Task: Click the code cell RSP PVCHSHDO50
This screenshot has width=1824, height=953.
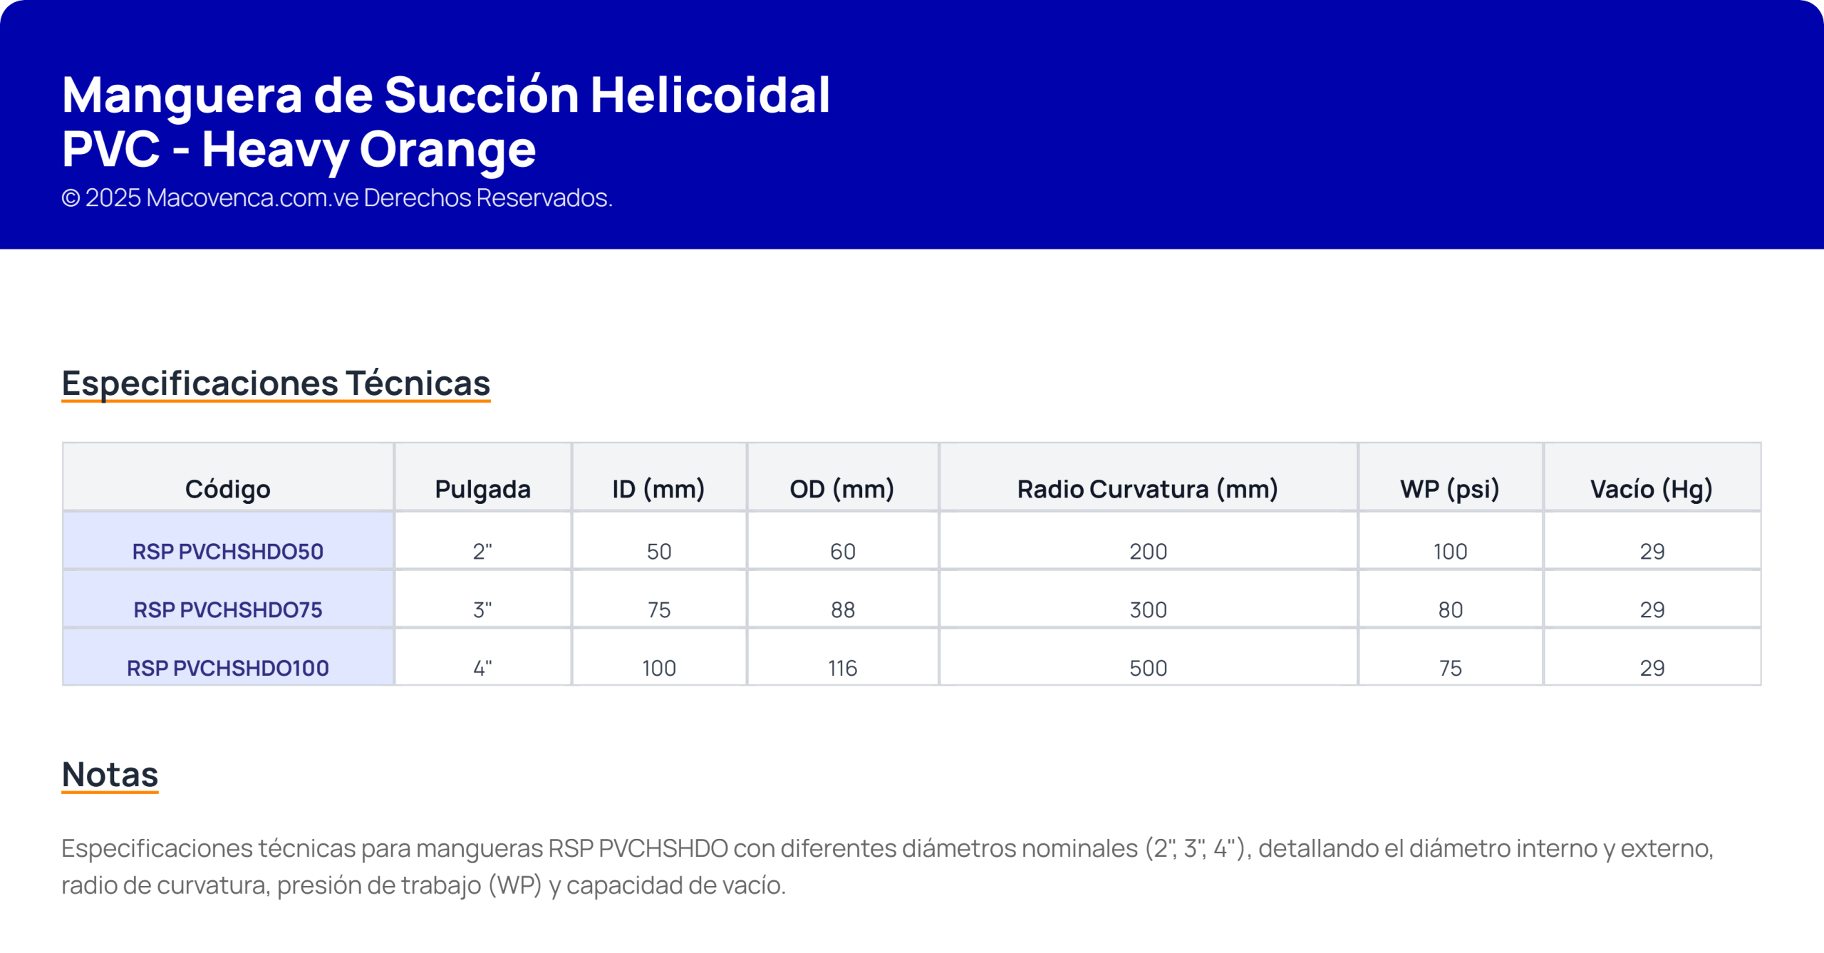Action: click(x=228, y=551)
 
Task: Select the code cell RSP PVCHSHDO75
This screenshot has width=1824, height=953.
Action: click(x=228, y=609)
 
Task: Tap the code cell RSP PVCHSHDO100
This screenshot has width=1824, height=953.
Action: click(x=228, y=668)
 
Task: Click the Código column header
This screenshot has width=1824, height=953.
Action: click(x=228, y=489)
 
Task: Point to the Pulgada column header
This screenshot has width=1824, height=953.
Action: click(x=483, y=489)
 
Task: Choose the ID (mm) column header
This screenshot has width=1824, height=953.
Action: click(x=659, y=489)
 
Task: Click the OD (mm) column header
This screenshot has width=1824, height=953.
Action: click(x=842, y=489)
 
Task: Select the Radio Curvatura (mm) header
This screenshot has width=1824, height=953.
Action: click(x=1148, y=489)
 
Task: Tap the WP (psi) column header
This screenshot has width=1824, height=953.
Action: click(x=1450, y=489)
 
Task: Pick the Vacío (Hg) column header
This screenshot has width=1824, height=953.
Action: click(x=1652, y=489)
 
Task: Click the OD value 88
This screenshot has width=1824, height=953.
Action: click(x=843, y=609)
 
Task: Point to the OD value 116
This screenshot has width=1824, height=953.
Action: click(x=843, y=668)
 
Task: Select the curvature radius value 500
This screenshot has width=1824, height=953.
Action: click(x=1149, y=668)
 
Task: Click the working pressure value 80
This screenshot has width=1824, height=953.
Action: click(x=1451, y=609)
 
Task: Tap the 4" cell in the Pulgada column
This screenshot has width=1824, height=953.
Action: click(x=483, y=668)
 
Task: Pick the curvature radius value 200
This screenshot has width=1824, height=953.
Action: click(x=1149, y=551)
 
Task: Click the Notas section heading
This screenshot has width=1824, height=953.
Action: click(x=110, y=774)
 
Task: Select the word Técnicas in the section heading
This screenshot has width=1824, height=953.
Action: click(x=418, y=383)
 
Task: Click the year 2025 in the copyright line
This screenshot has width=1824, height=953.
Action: click(x=113, y=197)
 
